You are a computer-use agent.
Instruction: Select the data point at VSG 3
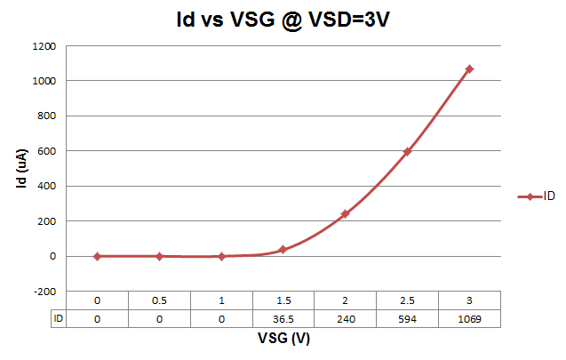469,68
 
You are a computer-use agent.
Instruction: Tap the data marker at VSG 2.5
407,151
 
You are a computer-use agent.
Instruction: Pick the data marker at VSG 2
345,213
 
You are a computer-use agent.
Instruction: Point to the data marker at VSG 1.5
283,250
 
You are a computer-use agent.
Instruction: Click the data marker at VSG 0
97,256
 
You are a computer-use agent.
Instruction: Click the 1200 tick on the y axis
44,45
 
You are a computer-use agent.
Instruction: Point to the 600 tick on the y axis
48,151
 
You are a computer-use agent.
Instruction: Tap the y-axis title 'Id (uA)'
20,168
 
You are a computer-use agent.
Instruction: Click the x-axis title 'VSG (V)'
283,339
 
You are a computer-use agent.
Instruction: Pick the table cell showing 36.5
283,318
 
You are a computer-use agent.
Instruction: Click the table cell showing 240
345,318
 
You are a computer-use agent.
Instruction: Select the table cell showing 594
407,318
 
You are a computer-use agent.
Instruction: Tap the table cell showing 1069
469,318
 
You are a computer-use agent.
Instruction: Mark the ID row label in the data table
58,318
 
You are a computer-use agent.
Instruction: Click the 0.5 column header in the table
159,300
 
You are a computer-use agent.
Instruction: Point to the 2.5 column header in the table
407,300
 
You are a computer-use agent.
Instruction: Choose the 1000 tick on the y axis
44,81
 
